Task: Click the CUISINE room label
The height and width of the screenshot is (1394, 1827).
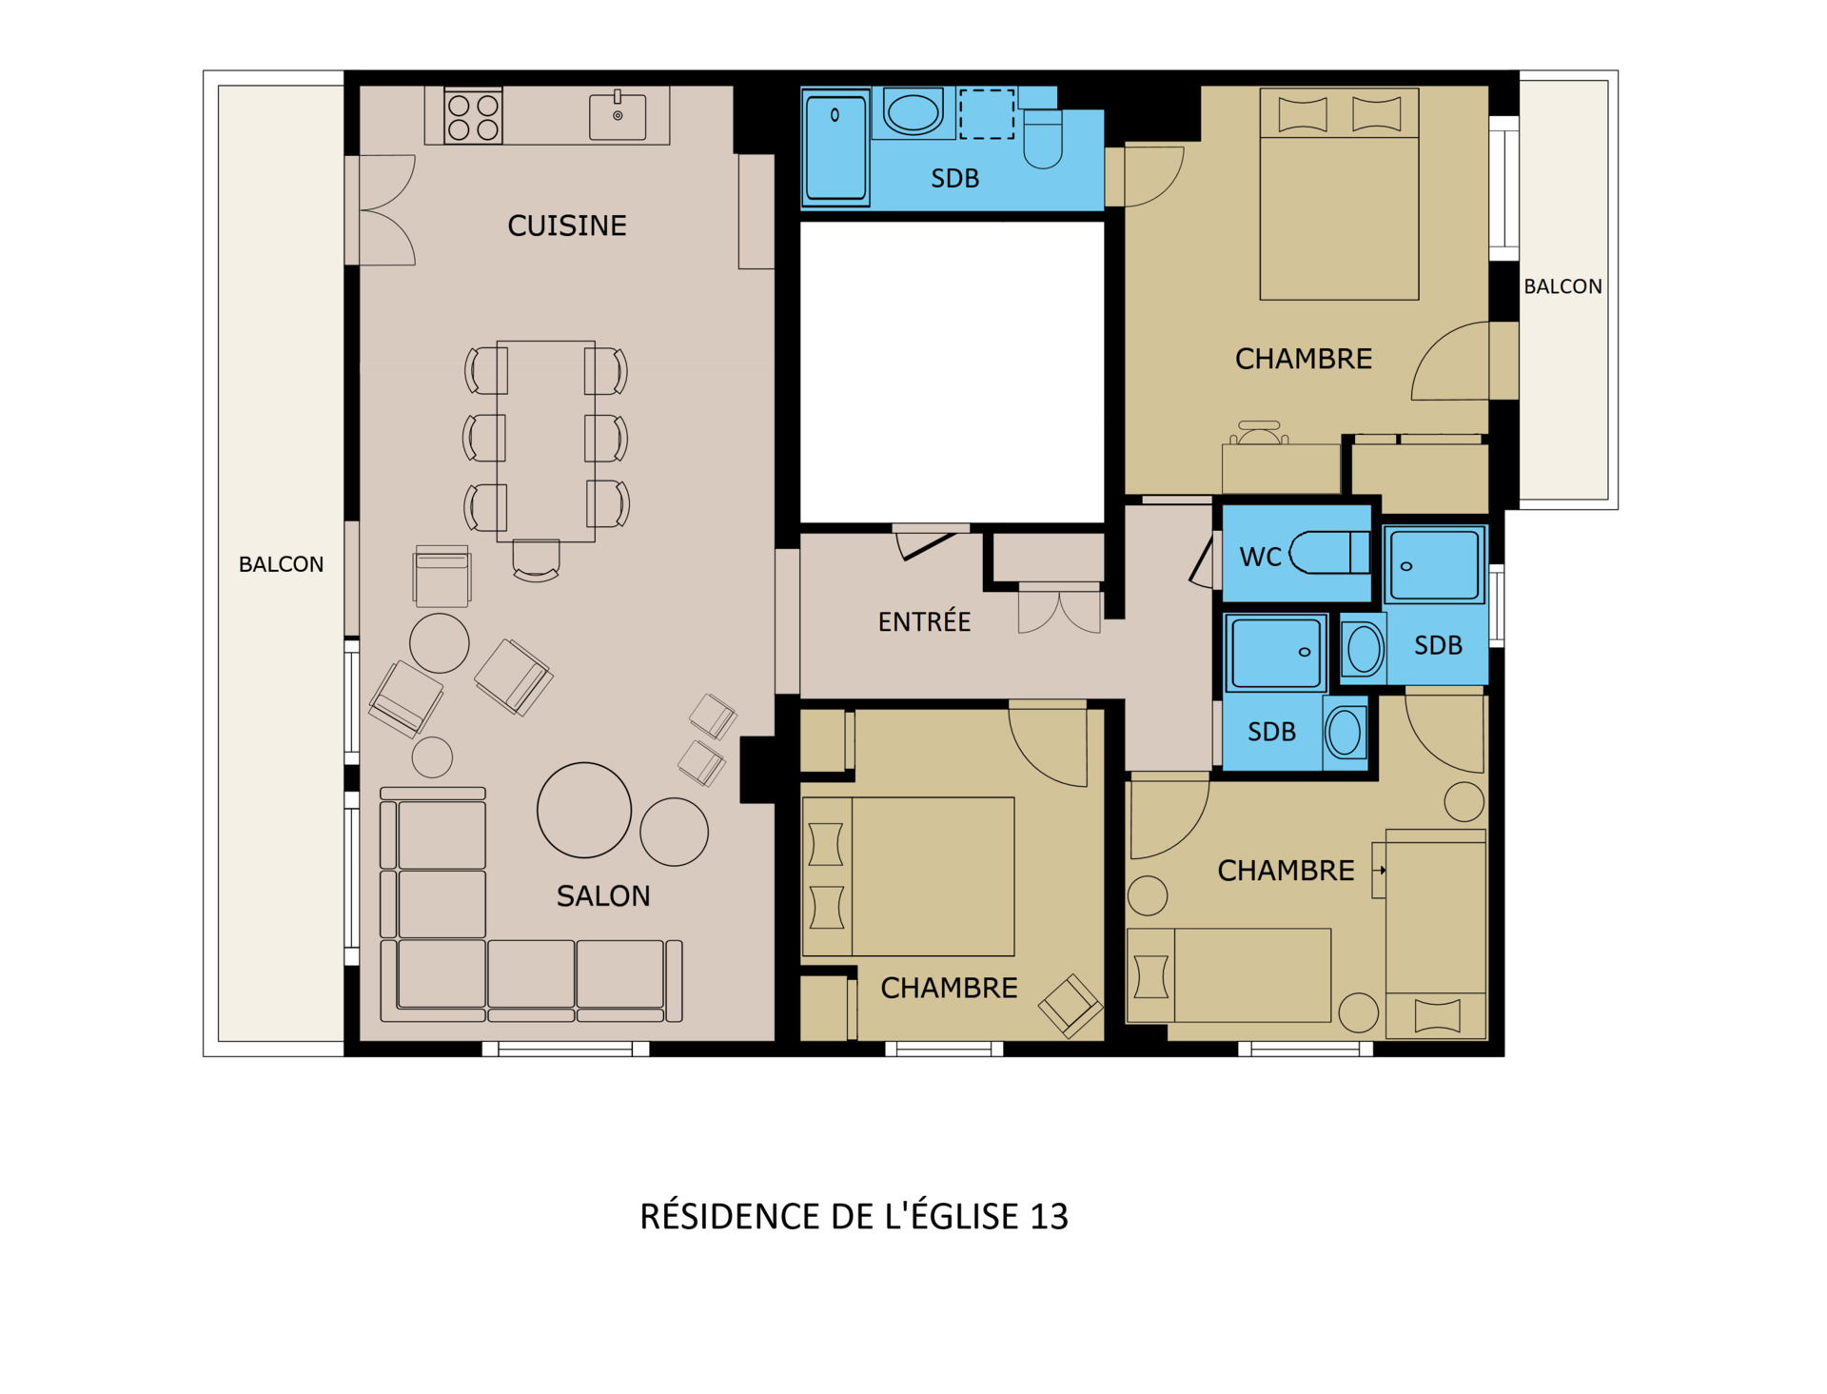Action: click(x=567, y=226)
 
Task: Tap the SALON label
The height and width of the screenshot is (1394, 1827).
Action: click(x=603, y=895)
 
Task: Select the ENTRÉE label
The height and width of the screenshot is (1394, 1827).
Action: click(x=924, y=621)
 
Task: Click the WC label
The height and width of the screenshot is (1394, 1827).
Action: click(x=1260, y=557)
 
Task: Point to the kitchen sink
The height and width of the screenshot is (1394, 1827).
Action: click(x=618, y=116)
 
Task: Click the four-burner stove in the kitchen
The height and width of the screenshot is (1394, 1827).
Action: click(x=473, y=116)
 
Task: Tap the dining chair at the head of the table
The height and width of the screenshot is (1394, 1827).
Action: click(x=536, y=560)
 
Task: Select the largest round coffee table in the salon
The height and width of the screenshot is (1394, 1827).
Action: click(x=584, y=810)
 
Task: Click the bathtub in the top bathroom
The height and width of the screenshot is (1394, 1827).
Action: click(x=835, y=147)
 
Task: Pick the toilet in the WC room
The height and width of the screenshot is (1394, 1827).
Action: click(x=1328, y=553)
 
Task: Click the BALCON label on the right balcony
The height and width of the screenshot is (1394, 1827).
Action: click(x=1562, y=286)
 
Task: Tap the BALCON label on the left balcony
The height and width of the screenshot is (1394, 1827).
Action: click(x=281, y=564)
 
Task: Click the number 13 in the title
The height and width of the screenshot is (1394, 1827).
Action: click(x=1049, y=1216)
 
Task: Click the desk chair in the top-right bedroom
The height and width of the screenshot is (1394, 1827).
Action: click(x=1259, y=433)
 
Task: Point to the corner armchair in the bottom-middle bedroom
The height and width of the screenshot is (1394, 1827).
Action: click(x=1071, y=1005)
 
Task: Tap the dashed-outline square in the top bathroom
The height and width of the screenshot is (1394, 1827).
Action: click(x=987, y=114)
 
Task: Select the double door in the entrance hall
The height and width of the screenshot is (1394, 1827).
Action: click(x=1059, y=609)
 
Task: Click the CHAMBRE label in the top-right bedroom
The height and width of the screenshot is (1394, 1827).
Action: click(x=1304, y=359)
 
